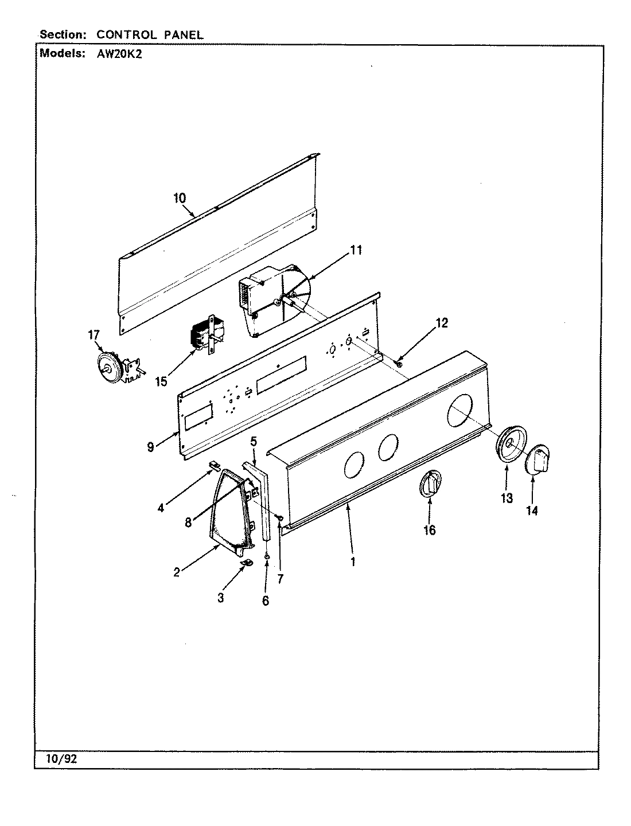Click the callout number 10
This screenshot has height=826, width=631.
coord(180,198)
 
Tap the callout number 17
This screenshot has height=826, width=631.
coord(94,336)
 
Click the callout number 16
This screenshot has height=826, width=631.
coord(429,530)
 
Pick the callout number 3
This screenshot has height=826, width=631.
coord(221,598)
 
